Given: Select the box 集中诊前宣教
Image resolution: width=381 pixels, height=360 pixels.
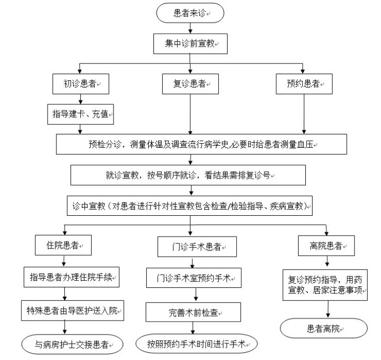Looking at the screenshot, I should (x=190, y=44).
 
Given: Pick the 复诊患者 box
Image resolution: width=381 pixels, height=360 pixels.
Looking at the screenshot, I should (x=191, y=84).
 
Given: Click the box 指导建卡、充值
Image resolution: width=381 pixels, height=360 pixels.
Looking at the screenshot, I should (x=80, y=114).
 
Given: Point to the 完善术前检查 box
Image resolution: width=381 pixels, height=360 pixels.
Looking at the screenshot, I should (x=191, y=312).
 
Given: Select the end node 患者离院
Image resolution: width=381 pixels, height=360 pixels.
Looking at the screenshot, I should (x=324, y=328).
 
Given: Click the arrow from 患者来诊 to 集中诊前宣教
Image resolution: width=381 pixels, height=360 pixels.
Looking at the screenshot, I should (x=190, y=28).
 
